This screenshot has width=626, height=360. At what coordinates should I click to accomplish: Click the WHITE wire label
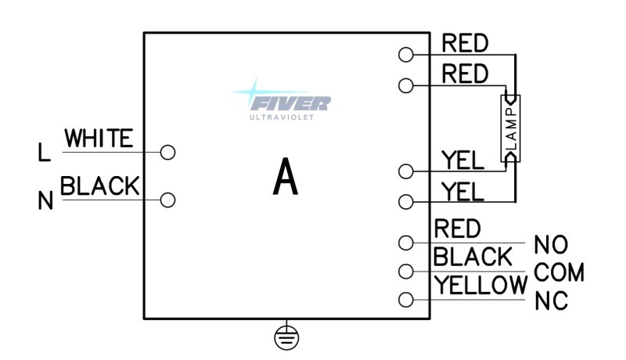click(98, 139)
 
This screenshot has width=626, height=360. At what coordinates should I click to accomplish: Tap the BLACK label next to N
click(99, 185)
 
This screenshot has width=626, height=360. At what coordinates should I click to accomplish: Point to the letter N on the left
click(45, 202)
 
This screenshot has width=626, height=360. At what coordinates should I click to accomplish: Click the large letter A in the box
click(286, 177)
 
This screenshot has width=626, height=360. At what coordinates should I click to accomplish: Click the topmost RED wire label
click(465, 43)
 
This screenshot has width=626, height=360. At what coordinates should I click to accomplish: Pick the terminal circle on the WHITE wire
click(167, 152)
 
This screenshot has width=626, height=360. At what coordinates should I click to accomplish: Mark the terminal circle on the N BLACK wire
click(167, 200)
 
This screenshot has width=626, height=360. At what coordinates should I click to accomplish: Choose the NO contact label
click(551, 246)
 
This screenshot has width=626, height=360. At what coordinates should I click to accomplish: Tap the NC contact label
click(551, 301)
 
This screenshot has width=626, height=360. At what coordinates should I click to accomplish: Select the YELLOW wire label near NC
click(480, 286)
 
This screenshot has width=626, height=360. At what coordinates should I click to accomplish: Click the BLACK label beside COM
click(473, 257)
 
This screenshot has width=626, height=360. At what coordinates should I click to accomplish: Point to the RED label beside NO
click(456, 229)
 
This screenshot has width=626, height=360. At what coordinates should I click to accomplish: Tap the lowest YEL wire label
click(462, 190)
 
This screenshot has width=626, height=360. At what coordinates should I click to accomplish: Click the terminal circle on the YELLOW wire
click(405, 300)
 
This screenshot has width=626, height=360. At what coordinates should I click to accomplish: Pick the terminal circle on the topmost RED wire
click(405, 55)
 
